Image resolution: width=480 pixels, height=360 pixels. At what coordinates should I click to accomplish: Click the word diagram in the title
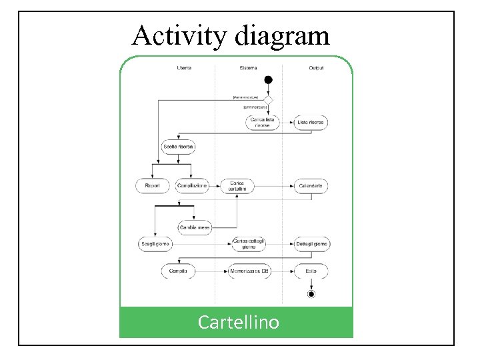point(282,37)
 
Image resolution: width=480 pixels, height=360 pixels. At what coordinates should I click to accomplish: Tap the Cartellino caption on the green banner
point(239,323)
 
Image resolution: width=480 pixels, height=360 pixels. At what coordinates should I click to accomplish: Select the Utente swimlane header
point(184,67)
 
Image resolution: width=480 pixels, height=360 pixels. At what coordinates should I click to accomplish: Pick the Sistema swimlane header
point(249,67)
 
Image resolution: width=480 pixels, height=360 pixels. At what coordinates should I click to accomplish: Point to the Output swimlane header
point(317,67)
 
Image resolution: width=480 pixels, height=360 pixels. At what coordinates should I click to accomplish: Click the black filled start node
point(269,80)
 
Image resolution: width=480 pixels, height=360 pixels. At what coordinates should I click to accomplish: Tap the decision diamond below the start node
point(269,99)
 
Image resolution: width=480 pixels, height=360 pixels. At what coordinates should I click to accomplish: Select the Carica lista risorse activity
point(262,122)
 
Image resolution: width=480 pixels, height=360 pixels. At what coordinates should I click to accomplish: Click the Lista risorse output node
point(311,122)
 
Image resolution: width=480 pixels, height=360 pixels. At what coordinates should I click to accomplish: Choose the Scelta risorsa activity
point(178,147)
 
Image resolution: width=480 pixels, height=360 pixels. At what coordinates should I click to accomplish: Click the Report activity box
point(153,185)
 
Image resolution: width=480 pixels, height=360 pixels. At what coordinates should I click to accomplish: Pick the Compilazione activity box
point(193,185)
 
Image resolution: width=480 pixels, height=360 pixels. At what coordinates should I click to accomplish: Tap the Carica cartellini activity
point(237,185)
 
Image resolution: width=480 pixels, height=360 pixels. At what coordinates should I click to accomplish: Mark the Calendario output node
point(311,185)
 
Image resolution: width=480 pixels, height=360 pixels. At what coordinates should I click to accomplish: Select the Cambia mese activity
point(195,227)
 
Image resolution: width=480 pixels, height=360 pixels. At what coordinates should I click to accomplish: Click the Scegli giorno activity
point(155,245)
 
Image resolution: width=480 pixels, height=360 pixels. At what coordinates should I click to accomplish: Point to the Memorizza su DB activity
point(248,271)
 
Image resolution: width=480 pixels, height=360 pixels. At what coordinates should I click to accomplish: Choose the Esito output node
point(311,271)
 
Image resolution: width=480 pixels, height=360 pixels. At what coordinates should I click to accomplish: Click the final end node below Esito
point(311,293)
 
